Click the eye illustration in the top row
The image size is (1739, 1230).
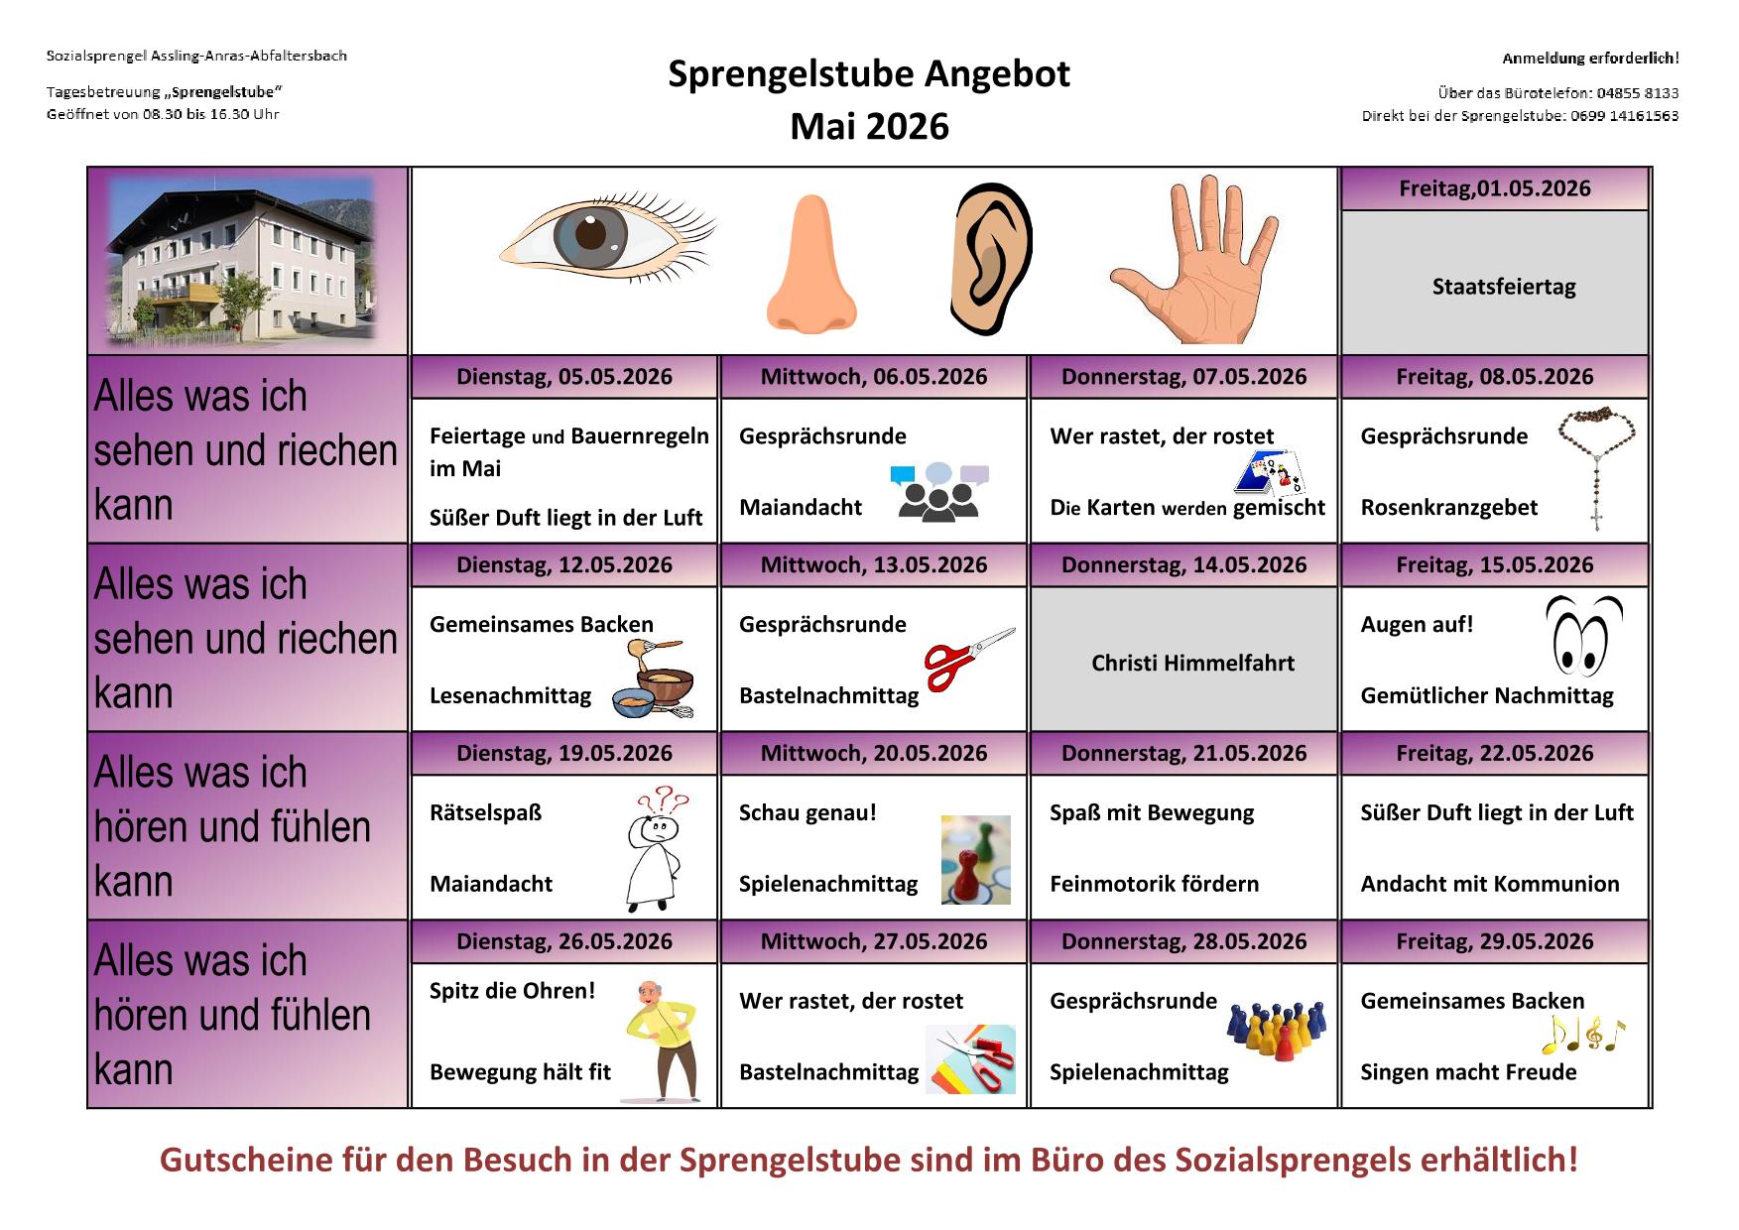coord(607,237)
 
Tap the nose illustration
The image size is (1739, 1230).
coord(810,266)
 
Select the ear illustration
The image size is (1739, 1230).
coord(991,260)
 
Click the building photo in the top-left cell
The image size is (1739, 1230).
coord(243,260)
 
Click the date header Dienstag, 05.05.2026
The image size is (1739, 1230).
coord(563,377)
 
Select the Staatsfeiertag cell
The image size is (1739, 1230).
coord(1503,287)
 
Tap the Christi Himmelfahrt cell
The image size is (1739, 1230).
coord(1192,663)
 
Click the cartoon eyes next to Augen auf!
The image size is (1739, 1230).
coord(1583,635)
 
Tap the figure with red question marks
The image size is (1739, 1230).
coord(655,848)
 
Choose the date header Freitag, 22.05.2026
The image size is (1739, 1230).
coord(1494,753)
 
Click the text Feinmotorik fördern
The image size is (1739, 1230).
coord(1154,884)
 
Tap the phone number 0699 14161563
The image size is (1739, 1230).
coord(1624,116)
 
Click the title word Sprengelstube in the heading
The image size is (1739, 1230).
coord(792,73)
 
